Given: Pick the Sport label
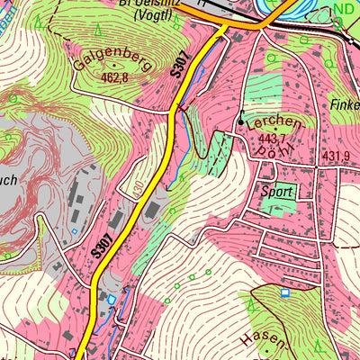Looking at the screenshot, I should click(277, 192).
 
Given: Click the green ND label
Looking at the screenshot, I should click(342, 10).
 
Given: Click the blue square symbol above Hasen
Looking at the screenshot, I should click(285, 292).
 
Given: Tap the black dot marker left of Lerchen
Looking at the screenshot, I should click(241, 121).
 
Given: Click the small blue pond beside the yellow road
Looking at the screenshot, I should click(112, 298).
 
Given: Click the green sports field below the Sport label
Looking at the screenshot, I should click(277, 204).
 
